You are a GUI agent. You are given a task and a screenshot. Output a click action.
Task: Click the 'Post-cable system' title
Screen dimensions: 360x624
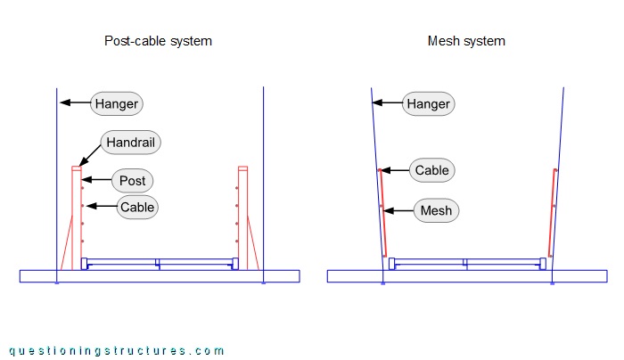click(x=158, y=41)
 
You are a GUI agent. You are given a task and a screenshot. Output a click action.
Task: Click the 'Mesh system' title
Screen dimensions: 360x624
click(x=466, y=41)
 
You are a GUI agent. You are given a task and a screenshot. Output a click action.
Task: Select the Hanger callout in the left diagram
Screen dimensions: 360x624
click(x=117, y=104)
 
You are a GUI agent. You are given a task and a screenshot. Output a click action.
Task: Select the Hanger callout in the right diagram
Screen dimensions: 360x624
click(x=428, y=104)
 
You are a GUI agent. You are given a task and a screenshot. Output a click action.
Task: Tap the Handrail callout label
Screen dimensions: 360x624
click(x=133, y=142)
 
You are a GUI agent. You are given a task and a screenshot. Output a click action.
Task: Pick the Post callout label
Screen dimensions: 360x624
click(x=132, y=181)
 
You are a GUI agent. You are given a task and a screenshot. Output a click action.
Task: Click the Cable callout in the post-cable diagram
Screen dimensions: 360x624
click(x=137, y=208)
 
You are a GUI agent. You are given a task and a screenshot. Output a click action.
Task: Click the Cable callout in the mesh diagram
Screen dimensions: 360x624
click(x=432, y=170)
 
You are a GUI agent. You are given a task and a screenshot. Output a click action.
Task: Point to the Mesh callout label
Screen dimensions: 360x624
click(x=434, y=211)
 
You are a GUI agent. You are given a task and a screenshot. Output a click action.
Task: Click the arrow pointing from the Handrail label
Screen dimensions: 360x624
click(x=91, y=153)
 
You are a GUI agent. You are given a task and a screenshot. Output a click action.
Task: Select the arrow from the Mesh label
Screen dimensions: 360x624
click(x=398, y=211)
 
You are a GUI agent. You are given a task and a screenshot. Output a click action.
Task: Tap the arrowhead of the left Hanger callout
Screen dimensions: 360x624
click(x=62, y=104)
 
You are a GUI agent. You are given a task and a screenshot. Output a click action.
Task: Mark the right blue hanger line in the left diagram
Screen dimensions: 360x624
click(x=264, y=178)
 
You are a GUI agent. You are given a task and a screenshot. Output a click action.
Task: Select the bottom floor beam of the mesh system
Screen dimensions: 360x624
click(x=467, y=276)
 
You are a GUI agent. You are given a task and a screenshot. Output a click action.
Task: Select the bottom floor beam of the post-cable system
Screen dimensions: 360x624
click(x=160, y=276)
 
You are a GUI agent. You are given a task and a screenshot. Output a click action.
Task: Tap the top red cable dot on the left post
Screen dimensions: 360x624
click(x=83, y=189)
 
